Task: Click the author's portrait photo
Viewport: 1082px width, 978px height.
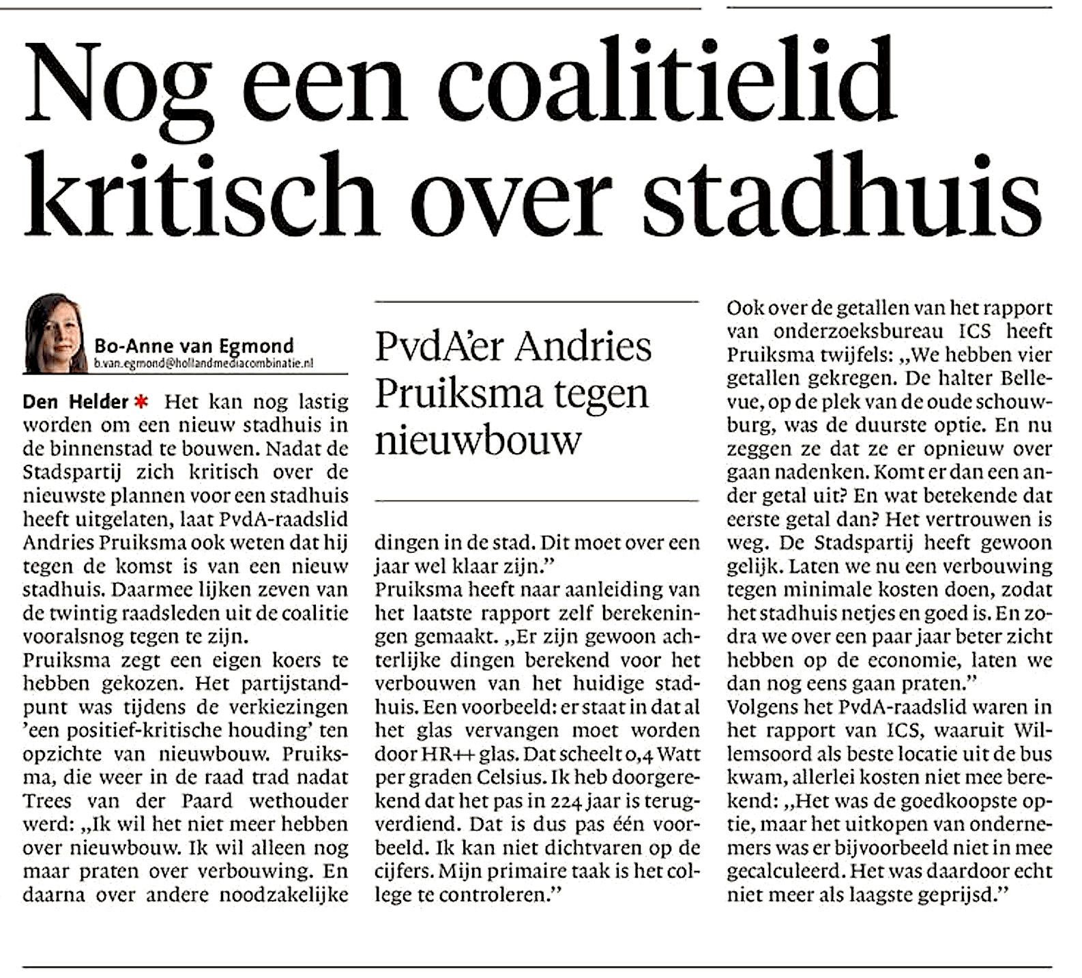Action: [55, 334]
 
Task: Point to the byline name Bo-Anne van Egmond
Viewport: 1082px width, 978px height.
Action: [194, 345]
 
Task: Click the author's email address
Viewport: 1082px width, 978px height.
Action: [203, 364]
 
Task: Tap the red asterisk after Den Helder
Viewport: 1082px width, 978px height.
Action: [141, 401]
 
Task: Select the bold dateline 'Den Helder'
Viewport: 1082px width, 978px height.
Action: [75, 401]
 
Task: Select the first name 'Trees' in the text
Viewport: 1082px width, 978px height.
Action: [46, 801]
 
